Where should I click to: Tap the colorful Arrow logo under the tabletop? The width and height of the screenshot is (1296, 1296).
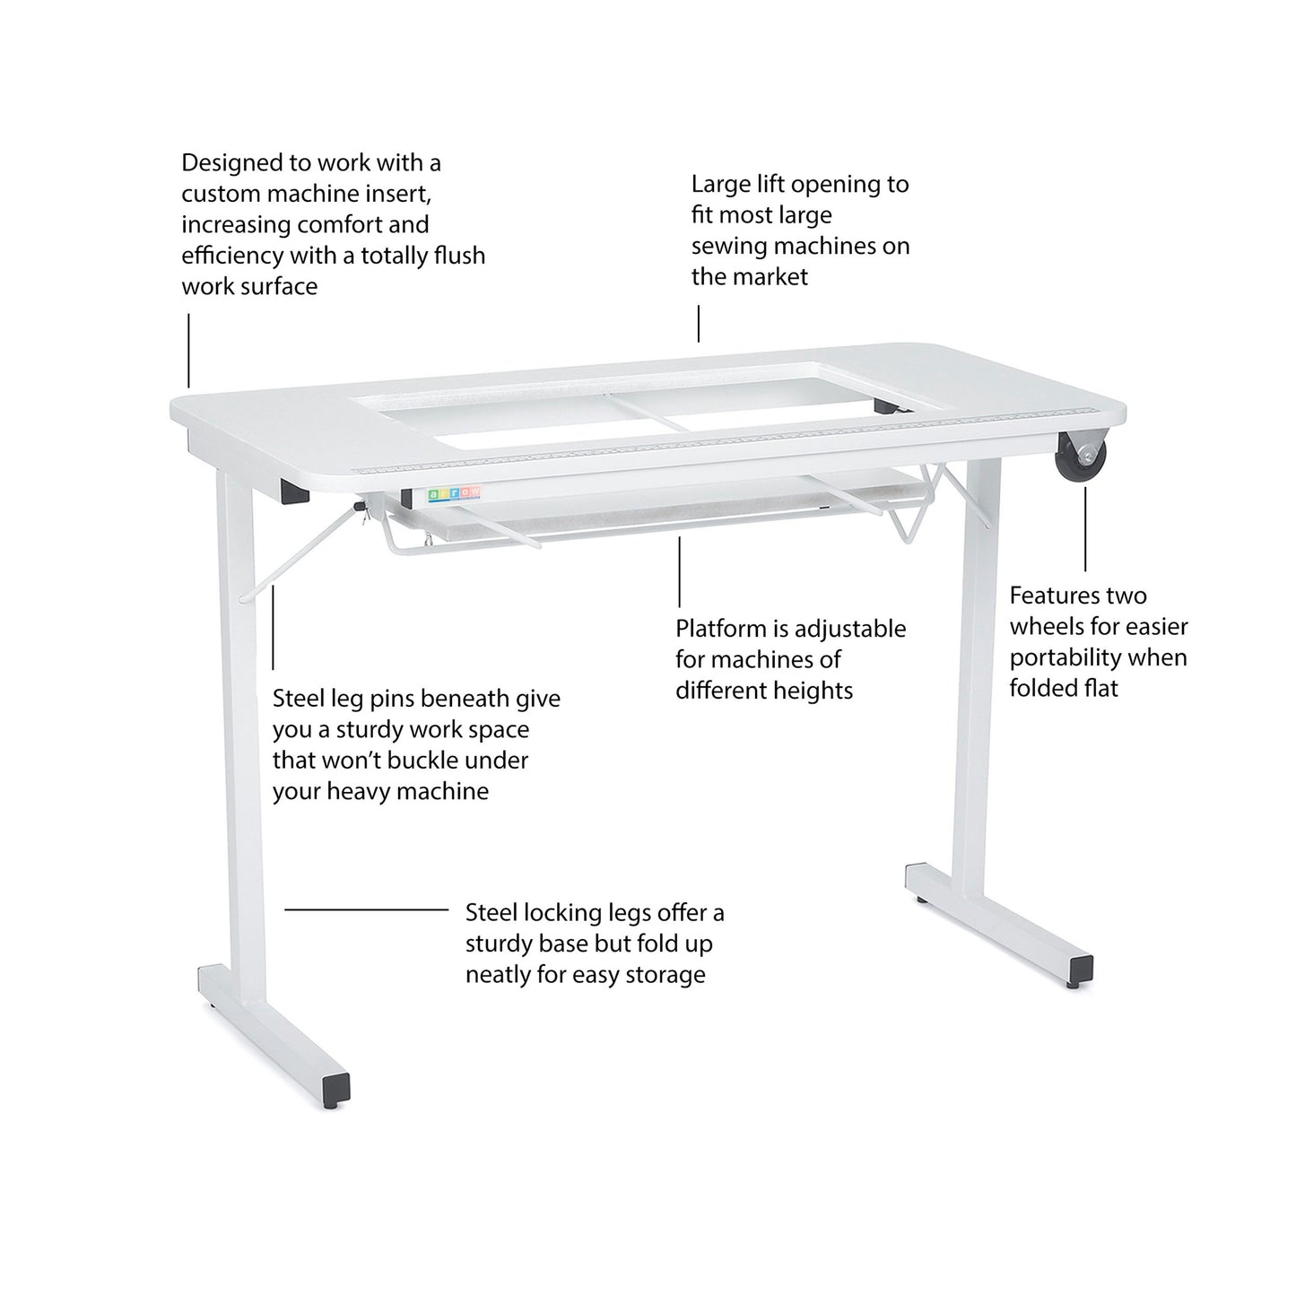coord(454,492)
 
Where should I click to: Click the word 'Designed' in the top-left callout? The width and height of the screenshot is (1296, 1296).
coord(232,164)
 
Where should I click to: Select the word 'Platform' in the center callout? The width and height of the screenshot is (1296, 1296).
coord(720,629)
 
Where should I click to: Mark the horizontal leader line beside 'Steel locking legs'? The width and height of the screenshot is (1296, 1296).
coord(366,909)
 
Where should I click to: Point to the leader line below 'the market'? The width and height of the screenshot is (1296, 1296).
coord(699,323)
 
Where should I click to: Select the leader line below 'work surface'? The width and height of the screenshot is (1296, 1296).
coord(188,350)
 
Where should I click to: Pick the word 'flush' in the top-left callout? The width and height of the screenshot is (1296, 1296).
coord(457,256)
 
